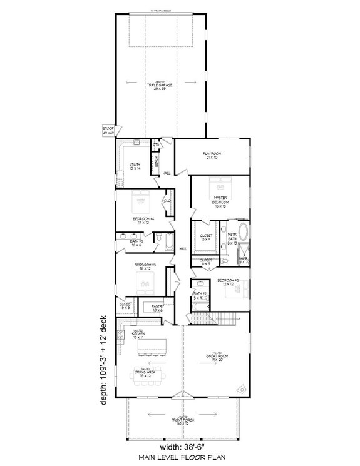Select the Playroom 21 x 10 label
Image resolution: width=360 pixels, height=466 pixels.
point(212,154)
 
